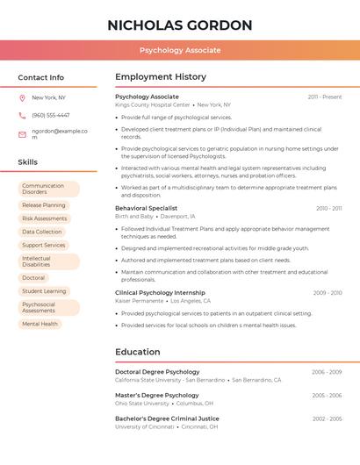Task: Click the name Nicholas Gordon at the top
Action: pos(180,25)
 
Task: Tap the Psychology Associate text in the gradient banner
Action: pos(180,50)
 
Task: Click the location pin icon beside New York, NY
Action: pos(22,97)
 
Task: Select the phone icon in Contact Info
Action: pos(22,115)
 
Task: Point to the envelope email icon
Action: pos(22,134)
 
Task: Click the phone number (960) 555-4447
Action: pos(51,115)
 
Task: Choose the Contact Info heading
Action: pos(41,77)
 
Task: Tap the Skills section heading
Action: pos(28,162)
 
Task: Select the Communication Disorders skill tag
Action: pos(48,189)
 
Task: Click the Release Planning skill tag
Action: pos(44,205)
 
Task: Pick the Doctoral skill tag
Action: pos(33,278)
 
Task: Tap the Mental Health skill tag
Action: pos(40,324)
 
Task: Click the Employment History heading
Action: pos(161,77)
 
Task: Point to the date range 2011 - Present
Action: pos(324,97)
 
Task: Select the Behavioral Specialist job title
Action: pos(146,208)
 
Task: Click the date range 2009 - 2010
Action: pos(327,293)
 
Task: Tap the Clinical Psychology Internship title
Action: pos(160,293)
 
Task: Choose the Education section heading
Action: pos(138,352)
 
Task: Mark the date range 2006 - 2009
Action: pos(327,372)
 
